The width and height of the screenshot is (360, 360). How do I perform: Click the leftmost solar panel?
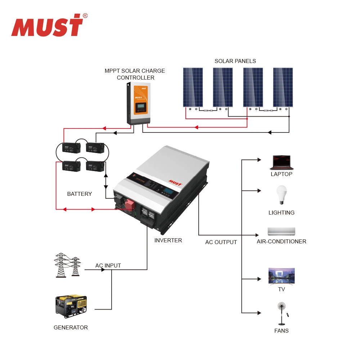[193, 87]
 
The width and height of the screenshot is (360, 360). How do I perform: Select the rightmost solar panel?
[283, 87]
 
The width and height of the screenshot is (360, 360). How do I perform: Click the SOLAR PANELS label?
[235, 61]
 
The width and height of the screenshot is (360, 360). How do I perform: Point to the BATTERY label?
[79, 194]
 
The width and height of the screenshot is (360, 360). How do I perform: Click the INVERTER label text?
[168, 240]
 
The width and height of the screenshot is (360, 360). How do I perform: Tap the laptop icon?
[282, 163]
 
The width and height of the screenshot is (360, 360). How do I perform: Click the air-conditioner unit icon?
[281, 231]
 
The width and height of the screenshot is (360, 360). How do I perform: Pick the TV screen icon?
[281, 276]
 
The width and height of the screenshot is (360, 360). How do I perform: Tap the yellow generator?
[71, 306]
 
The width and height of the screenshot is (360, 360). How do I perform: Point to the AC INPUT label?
[108, 266]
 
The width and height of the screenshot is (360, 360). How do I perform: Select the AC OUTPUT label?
[221, 242]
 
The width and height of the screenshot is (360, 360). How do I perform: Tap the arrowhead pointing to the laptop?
[259, 159]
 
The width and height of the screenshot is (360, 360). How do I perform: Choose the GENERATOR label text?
[71, 328]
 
